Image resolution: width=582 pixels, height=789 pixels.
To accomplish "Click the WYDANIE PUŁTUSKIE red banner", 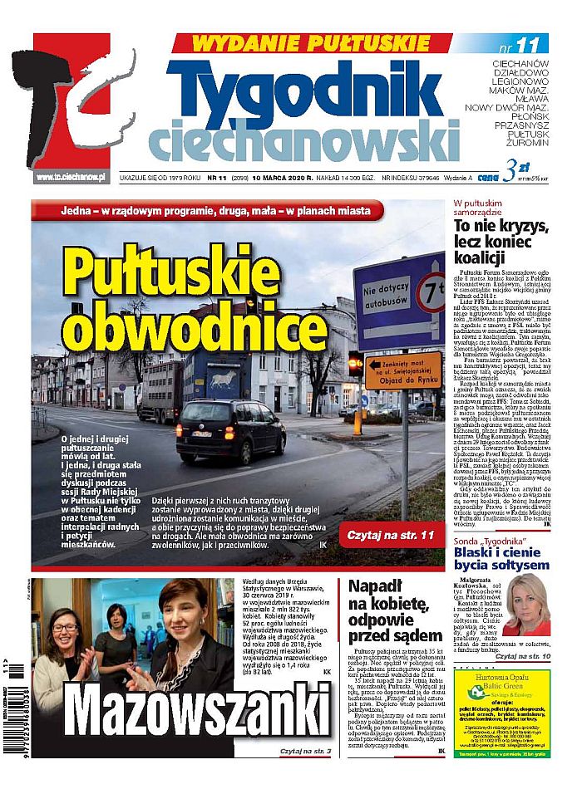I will pos(313,43).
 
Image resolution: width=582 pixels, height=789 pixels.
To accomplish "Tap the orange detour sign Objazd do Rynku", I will pos(403,370).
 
